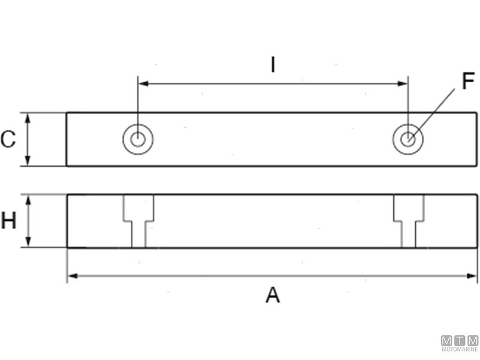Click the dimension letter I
273,64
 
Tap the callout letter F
468,81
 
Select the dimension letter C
8,140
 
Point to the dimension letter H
8,221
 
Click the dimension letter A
273,295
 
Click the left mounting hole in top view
138,139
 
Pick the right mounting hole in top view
408,139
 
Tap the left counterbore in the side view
139,220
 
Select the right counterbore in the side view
409,220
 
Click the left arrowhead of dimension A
71,275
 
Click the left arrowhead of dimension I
143,84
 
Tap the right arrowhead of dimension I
403,84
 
